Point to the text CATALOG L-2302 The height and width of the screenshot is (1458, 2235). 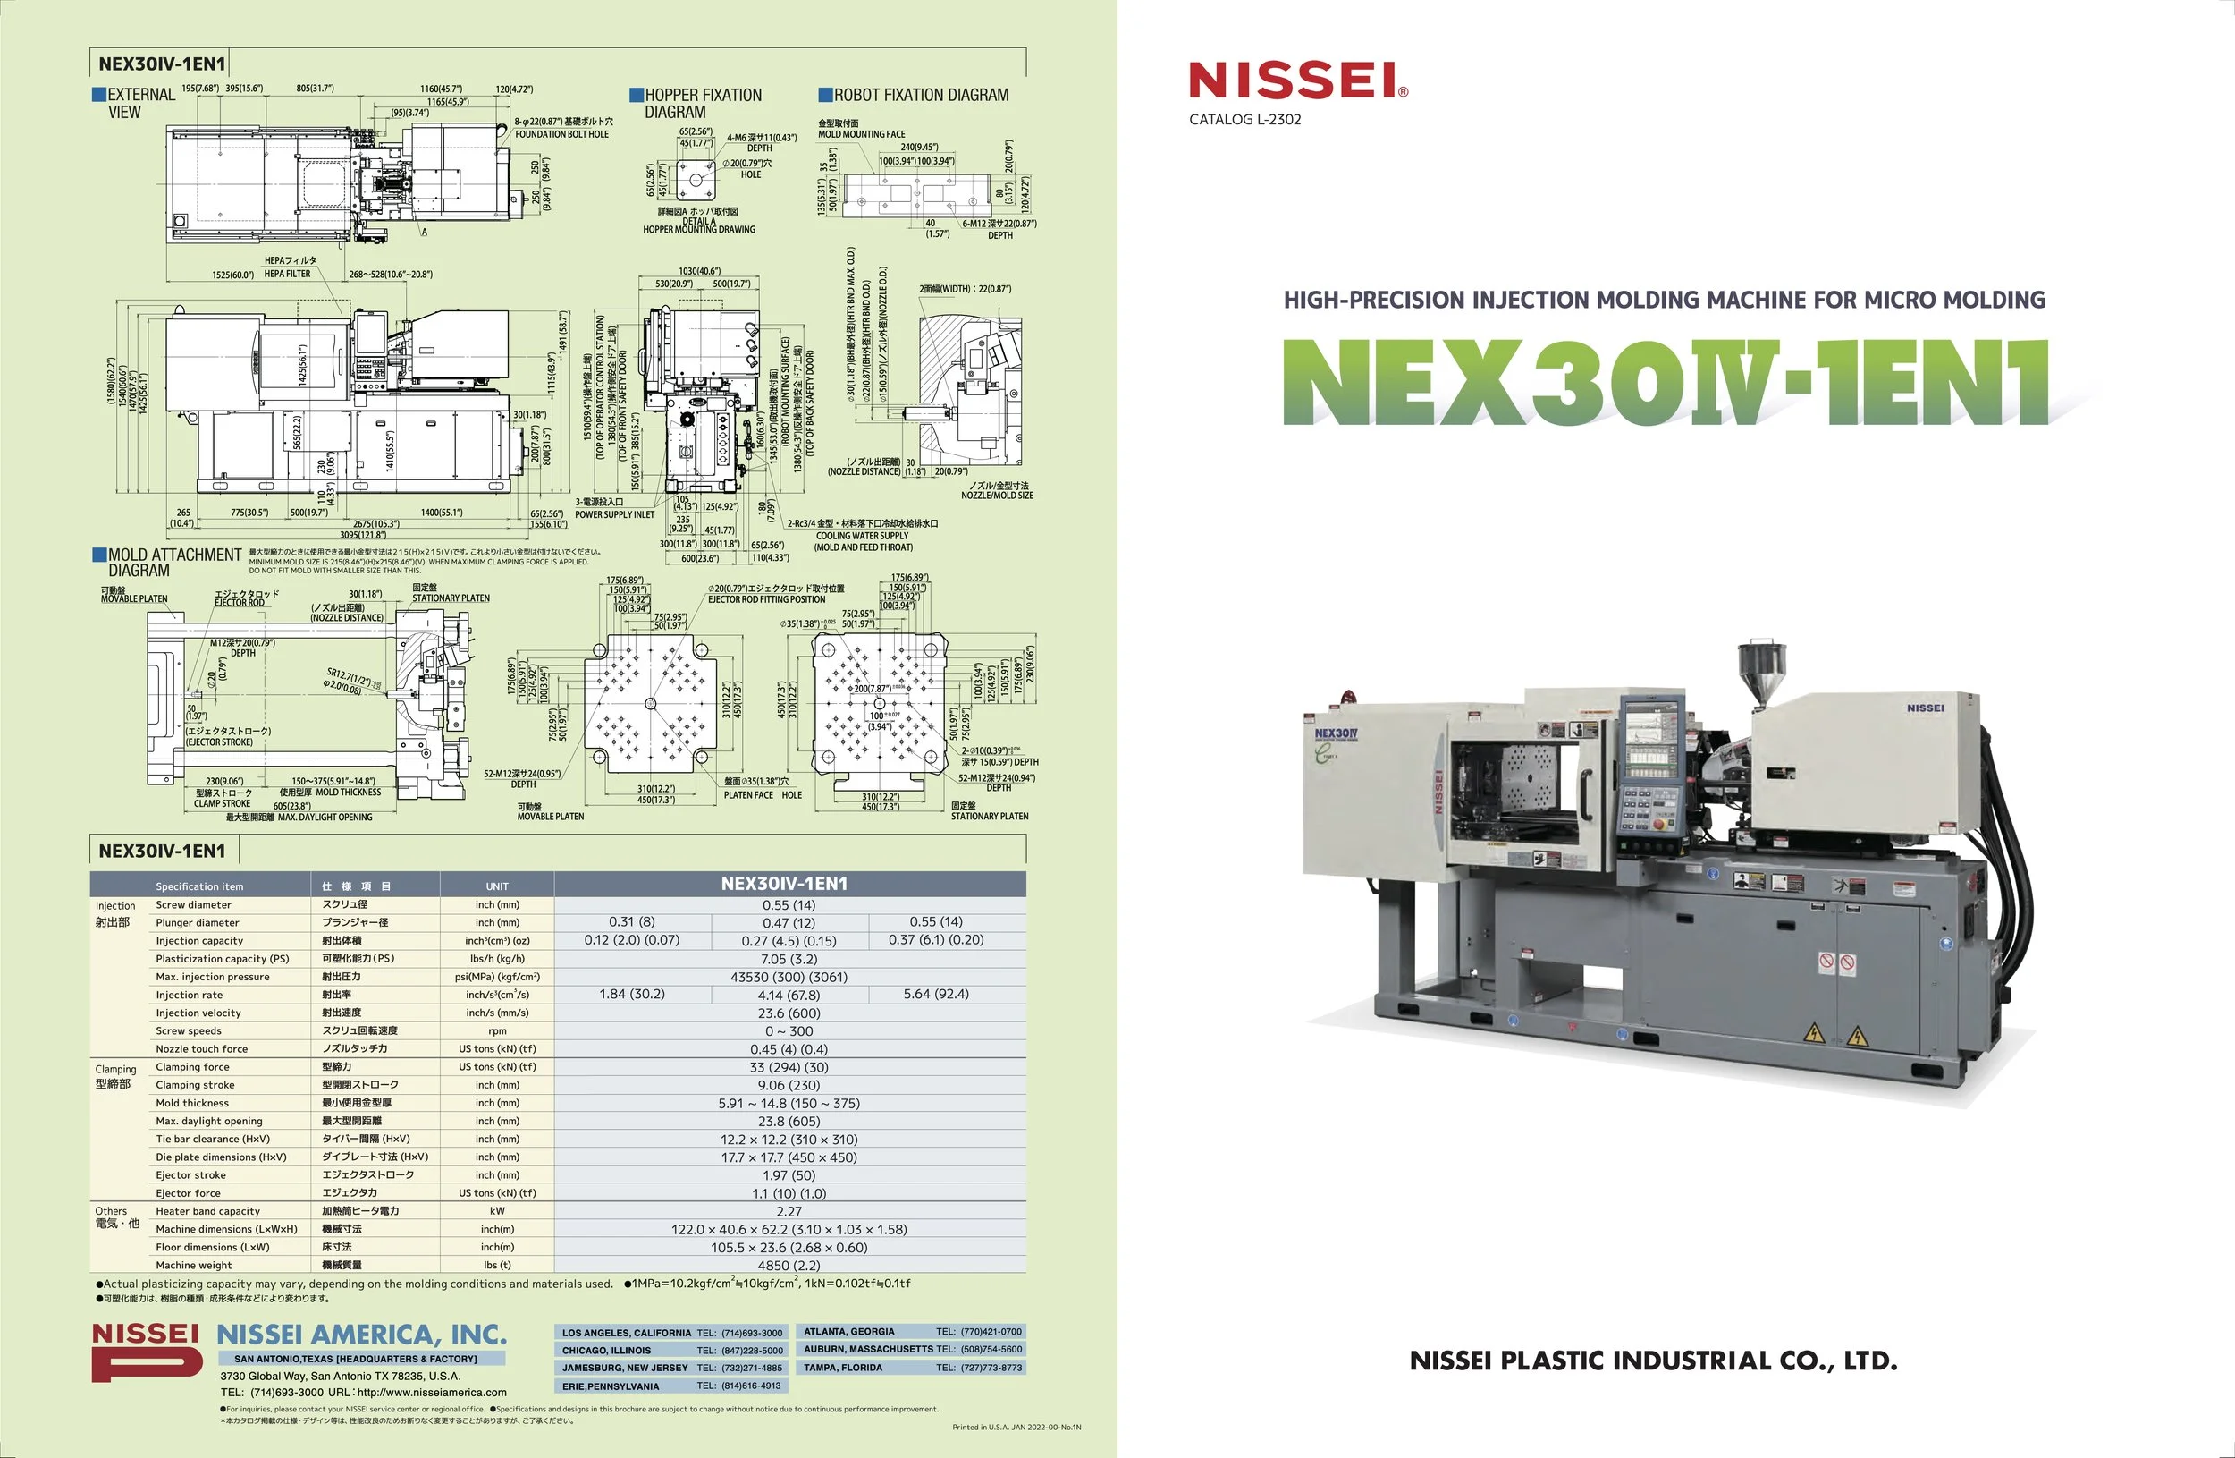[1244, 119]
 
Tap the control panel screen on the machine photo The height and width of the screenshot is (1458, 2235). [1655, 747]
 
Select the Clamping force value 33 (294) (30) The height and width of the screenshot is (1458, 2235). [789, 1067]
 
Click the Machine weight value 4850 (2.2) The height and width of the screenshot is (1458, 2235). [789, 1266]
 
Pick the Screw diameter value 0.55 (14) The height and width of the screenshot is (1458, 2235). [789, 904]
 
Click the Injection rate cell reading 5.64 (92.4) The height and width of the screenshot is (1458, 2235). [935, 994]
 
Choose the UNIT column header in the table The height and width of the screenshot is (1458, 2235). [497, 886]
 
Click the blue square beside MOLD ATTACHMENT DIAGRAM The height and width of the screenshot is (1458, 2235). [98, 555]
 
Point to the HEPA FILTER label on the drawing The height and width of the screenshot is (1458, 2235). [287, 275]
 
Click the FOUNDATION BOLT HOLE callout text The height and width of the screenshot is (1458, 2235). [561, 134]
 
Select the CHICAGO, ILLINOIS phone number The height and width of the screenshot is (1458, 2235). [739, 1350]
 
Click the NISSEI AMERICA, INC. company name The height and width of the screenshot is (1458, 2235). [361, 1335]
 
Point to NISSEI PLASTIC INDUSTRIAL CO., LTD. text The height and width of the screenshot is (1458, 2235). [1653, 1361]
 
